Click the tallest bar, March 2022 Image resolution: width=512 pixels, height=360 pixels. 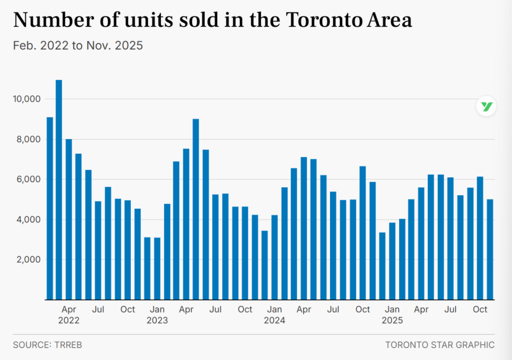click(x=59, y=190)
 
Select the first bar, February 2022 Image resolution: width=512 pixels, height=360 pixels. click(x=49, y=208)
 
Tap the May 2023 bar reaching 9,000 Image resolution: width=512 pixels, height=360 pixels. click(x=196, y=209)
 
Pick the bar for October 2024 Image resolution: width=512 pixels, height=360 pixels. click(x=363, y=233)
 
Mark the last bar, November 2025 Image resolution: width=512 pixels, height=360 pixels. click(x=490, y=249)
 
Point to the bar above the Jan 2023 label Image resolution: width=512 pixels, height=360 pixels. click(x=157, y=268)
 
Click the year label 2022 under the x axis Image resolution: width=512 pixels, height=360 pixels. click(x=69, y=321)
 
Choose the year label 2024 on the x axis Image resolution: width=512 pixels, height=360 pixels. click(x=274, y=321)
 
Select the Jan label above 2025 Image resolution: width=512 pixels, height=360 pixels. click(x=392, y=310)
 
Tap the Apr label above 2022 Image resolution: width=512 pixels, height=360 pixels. click(x=69, y=310)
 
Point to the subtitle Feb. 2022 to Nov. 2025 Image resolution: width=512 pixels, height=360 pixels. click(x=78, y=46)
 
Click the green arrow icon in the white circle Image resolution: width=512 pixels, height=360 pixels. click(x=486, y=106)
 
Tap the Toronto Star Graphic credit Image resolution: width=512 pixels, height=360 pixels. click(x=439, y=345)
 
